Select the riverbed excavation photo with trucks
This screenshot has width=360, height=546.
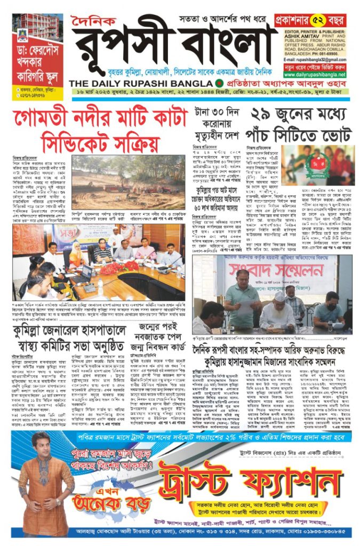[128, 189]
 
